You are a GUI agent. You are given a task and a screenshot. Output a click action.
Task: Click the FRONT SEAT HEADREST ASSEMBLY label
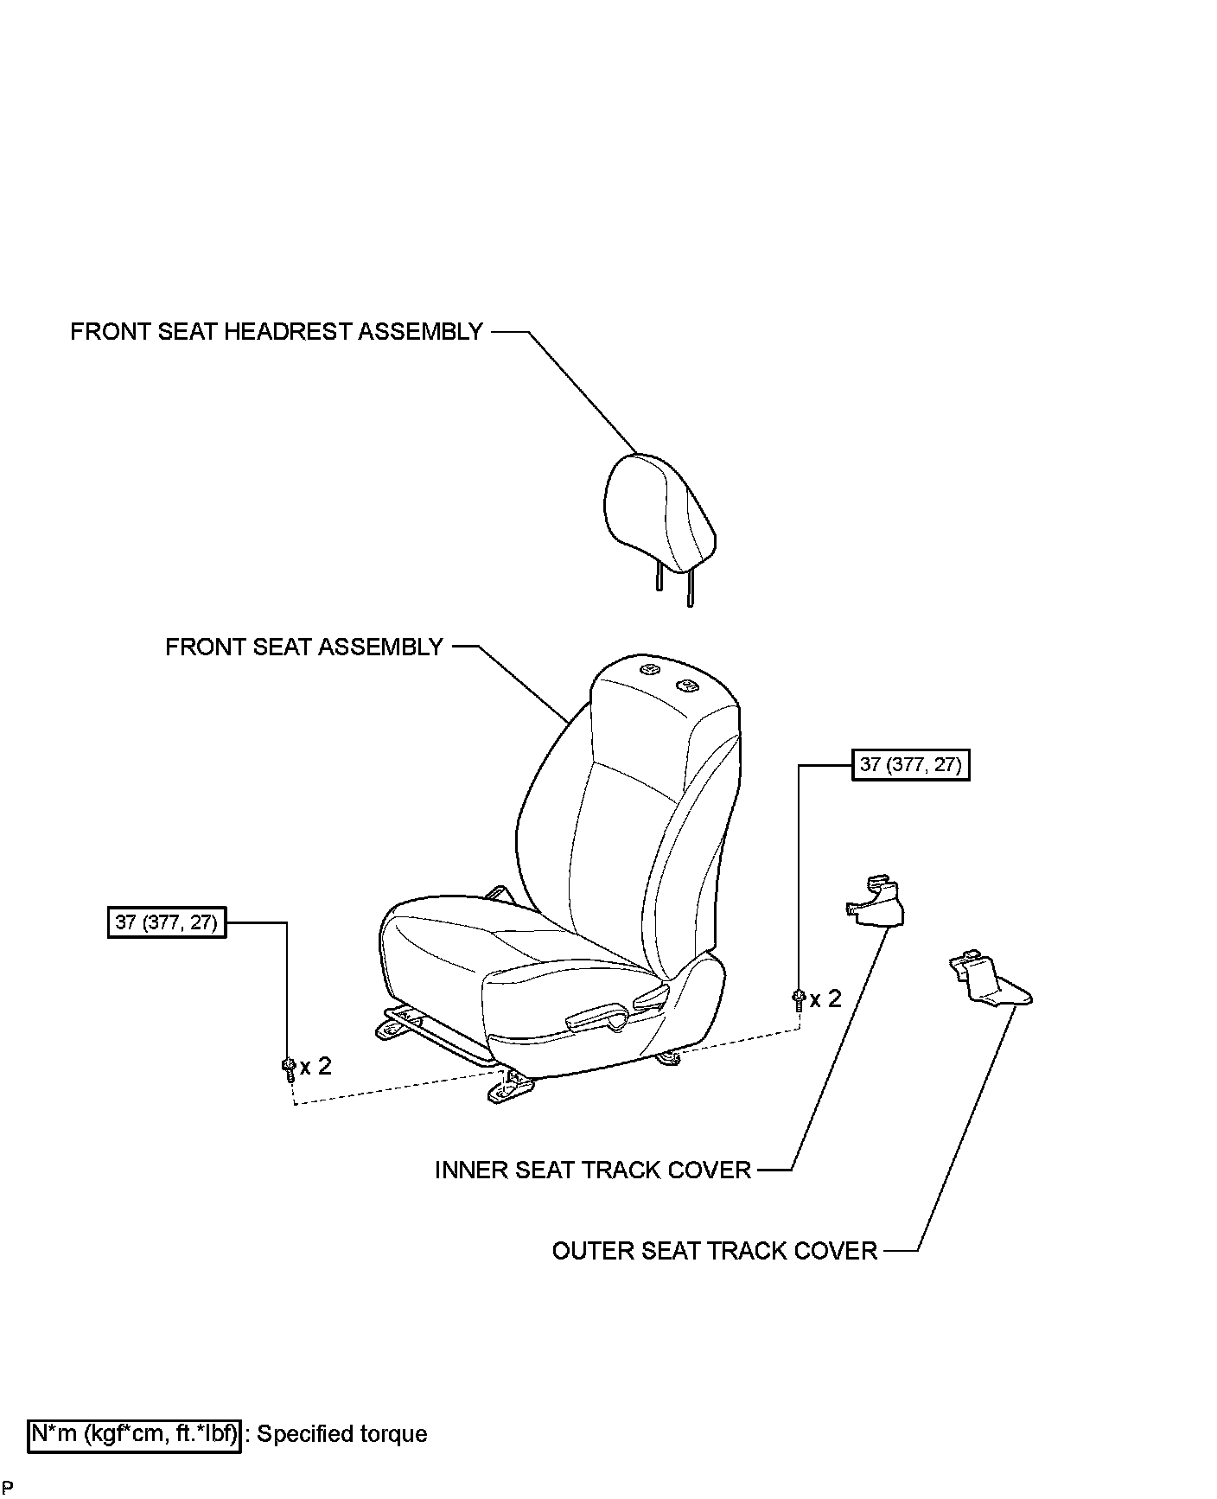276,332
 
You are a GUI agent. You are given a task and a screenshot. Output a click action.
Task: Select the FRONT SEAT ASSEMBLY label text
303,647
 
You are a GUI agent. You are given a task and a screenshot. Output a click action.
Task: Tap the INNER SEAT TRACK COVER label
592,1170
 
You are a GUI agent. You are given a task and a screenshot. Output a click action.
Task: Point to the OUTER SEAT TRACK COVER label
714,1251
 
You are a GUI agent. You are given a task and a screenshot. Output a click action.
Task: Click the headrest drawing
659,515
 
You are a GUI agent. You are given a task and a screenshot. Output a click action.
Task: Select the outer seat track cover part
988,981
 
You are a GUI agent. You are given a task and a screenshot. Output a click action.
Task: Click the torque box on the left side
166,922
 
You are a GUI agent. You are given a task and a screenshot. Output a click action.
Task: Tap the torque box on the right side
910,765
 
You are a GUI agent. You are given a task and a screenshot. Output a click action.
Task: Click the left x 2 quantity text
315,1067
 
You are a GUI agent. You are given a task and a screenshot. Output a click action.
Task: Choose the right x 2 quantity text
825,999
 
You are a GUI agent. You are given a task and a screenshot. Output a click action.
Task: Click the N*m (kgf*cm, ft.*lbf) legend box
134,1434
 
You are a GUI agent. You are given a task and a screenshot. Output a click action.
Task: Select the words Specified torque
343,1434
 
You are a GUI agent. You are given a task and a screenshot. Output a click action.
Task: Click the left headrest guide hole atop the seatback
649,668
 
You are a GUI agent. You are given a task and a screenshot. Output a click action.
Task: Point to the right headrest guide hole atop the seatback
688,685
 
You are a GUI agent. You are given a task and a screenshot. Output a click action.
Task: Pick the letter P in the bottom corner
8,1488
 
